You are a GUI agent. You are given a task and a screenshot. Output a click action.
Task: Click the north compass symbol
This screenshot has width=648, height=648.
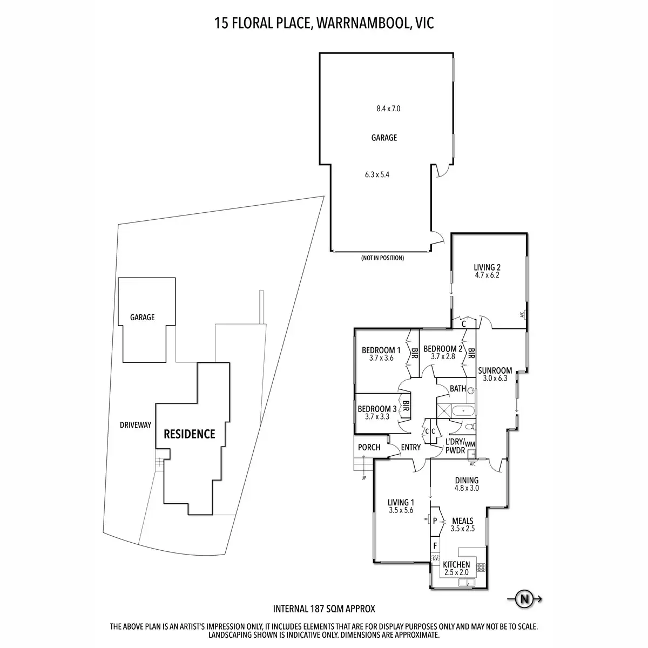523,598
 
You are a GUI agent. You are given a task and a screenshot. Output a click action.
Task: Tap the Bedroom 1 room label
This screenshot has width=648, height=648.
381,349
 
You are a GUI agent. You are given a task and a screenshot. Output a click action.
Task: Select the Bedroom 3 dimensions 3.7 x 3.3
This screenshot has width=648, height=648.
377,416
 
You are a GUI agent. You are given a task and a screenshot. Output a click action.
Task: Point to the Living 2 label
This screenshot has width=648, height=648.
487,267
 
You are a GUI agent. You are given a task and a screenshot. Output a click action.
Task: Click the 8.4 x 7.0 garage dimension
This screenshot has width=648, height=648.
388,109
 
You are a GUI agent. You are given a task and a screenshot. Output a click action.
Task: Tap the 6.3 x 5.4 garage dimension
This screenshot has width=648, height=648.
377,174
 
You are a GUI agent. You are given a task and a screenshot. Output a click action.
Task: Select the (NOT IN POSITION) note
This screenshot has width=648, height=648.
382,258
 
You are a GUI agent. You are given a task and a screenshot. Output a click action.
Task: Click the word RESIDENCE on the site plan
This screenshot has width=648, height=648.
189,434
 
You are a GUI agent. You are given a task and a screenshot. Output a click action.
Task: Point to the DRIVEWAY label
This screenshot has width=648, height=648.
136,425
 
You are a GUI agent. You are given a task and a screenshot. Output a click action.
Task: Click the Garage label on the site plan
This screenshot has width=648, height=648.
142,318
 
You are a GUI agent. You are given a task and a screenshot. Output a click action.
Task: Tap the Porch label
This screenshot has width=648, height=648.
369,447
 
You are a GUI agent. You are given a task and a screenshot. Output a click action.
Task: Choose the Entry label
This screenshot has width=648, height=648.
411,447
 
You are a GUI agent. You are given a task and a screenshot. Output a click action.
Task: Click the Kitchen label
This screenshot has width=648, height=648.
457,565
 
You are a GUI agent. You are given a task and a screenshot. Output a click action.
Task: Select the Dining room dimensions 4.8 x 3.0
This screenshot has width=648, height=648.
467,488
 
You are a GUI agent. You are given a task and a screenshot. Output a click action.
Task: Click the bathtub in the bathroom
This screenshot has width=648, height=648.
464,412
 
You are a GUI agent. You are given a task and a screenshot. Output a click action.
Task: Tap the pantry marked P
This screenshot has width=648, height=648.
435,521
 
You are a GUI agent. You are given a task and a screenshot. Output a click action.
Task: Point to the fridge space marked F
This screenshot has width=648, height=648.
435,545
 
